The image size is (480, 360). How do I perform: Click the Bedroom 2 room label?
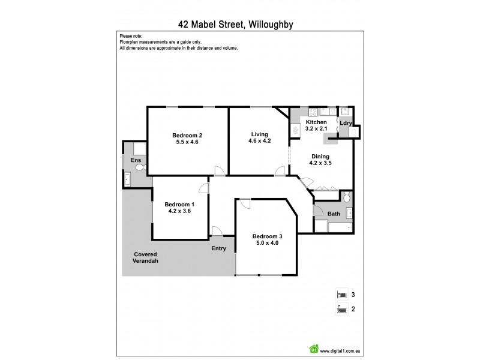pos(187,135)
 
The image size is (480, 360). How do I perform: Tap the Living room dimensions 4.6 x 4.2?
pos(260,142)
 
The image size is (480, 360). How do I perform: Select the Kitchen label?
pos(316,122)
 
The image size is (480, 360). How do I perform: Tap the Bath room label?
pos(334,214)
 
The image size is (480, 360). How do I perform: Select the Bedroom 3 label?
pos(267,236)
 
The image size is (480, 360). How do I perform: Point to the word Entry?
pos(218,248)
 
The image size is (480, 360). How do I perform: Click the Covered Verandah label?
pos(145,258)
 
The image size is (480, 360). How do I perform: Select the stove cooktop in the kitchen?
pos(295,131)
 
